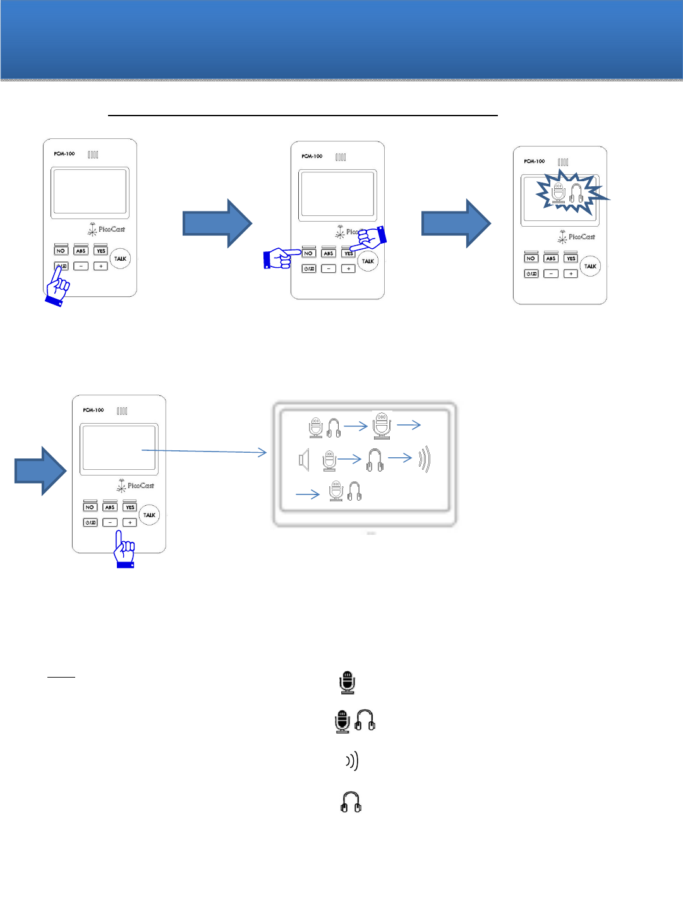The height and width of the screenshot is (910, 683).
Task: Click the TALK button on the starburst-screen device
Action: point(590,266)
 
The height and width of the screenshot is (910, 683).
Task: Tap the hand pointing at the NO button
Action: point(278,258)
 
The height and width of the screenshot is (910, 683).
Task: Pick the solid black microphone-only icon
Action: point(347,683)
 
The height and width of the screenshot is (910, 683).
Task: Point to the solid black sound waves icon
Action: point(353,761)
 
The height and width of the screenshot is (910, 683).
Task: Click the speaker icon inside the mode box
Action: point(304,460)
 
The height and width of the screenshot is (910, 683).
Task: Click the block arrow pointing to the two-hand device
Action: point(217,223)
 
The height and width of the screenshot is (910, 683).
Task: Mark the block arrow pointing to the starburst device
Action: point(456,223)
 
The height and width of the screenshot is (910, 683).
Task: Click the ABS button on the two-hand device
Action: point(329,253)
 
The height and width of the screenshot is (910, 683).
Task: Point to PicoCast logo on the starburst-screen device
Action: point(576,237)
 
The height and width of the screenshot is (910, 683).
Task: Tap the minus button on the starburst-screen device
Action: point(551,273)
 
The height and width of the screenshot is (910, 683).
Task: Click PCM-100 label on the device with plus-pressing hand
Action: point(93,410)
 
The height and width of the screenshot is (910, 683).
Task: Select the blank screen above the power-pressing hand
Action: point(90,191)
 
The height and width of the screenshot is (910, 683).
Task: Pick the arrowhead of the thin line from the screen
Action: point(263,452)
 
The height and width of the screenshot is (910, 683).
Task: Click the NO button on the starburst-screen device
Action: point(531,258)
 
